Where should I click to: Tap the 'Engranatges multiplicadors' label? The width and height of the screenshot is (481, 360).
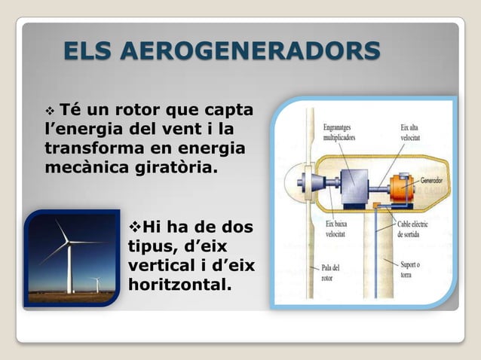coord(340,133)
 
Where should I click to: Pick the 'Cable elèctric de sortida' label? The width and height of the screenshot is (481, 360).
coord(417,229)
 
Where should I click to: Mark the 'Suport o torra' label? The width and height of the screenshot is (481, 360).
coord(411,269)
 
